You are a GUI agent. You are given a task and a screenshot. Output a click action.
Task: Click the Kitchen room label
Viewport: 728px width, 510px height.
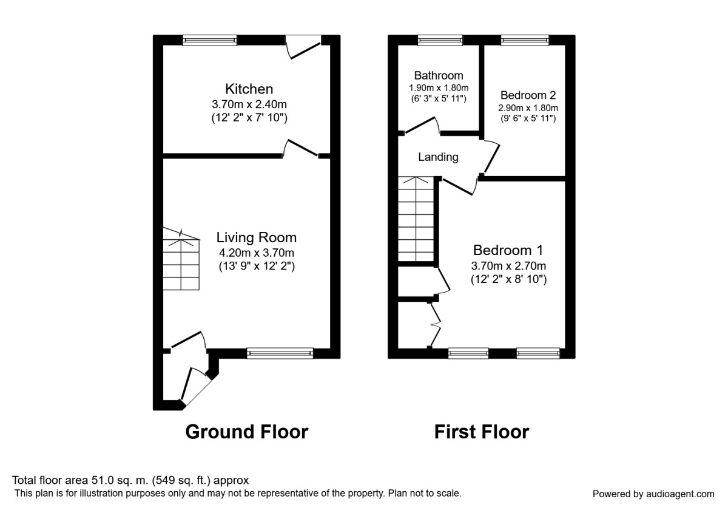[249, 89]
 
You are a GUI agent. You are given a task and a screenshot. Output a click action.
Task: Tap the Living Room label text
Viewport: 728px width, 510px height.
[257, 237]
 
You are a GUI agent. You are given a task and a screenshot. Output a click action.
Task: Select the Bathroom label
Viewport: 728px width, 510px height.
[439, 76]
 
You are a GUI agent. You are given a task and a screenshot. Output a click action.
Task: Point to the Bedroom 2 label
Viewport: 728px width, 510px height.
[528, 95]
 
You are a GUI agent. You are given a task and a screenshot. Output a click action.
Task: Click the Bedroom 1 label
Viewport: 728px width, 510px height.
[508, 250]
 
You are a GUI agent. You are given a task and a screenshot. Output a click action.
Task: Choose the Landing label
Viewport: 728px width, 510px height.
[438, 157]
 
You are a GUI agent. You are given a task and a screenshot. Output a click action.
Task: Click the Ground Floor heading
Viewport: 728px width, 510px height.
[246, 432]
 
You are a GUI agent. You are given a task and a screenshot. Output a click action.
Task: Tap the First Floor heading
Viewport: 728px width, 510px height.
[482, 432]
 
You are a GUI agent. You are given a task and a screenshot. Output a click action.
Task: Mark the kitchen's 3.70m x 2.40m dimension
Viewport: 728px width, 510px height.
[249, 105]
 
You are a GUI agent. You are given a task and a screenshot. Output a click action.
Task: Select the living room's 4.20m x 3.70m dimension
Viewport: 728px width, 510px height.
[257, 253]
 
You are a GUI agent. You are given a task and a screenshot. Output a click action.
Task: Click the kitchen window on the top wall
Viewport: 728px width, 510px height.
[210, 40]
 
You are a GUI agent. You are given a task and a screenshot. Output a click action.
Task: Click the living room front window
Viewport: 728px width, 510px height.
[280, 353]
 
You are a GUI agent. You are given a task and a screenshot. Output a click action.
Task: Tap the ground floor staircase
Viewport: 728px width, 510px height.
[181, 261]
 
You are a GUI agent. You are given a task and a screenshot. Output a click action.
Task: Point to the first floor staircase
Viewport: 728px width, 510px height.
[416, 219]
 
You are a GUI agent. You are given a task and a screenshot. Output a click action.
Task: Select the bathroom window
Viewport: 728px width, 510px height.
[440, 40]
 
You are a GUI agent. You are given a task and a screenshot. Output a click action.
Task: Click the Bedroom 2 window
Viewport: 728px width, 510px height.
[525, 40]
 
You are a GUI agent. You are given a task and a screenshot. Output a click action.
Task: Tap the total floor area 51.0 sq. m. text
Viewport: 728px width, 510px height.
[130, 480]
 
